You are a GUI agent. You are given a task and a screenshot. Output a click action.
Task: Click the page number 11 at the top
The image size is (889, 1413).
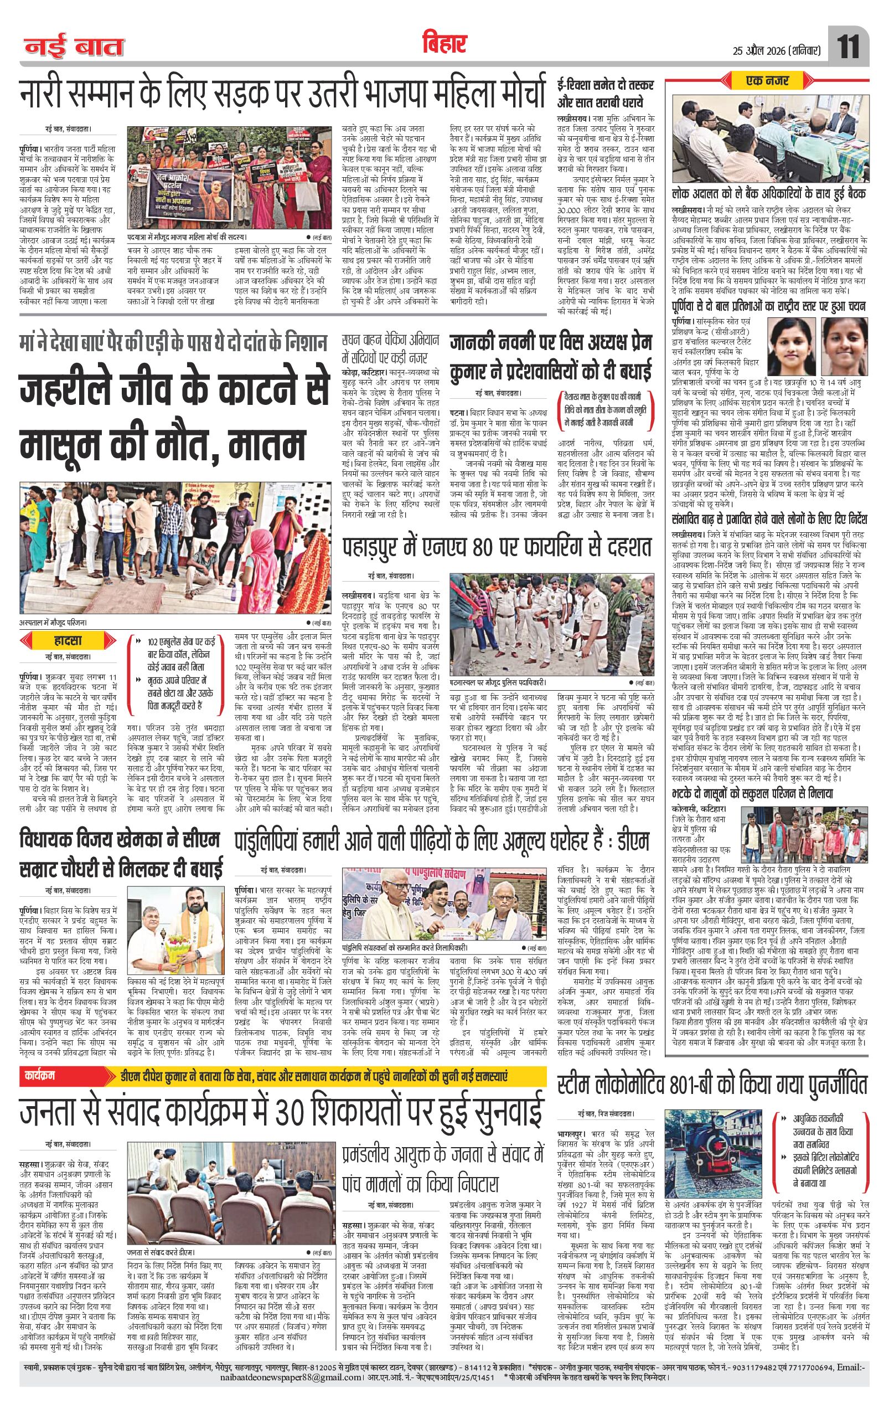(849, 47)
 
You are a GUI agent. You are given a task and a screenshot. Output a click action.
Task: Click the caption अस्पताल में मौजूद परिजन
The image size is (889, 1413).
(53, 622)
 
